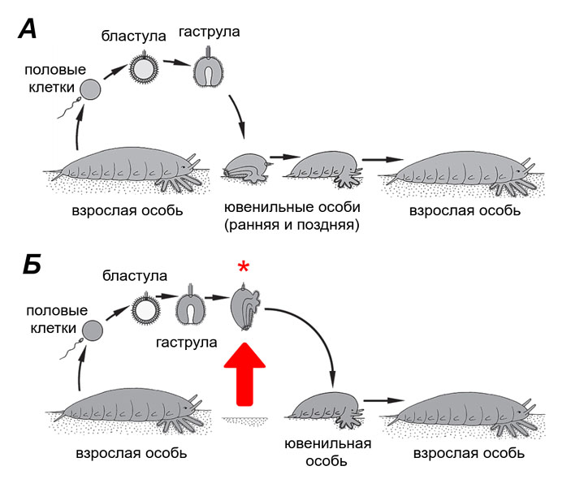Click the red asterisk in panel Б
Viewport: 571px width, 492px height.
tap(241, 269)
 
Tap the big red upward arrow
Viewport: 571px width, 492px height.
tap(240, 373)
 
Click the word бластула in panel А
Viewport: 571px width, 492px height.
tap(128, 36)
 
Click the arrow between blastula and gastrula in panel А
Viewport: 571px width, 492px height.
tap(173, 61)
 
